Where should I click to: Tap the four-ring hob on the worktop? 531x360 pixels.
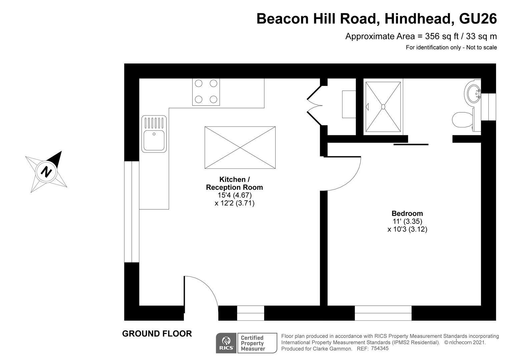click(x=206, y=92)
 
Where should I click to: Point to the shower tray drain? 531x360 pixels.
click(x=383, y=107)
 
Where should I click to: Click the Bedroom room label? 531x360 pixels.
click(x=407, y=213)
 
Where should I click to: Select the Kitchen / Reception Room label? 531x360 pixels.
click(x=234, y=183)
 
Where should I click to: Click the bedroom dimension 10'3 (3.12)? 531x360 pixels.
click(x=407, y=229)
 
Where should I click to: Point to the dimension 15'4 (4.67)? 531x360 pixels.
click(x=234, y=195)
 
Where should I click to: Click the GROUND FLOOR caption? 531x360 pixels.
click(x=157, y=334)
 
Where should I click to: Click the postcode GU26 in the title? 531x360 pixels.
click(x=478, y=18)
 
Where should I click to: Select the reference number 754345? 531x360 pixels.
click(x=380, y=348)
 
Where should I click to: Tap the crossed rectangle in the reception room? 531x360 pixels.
click(x=240, y=148)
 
